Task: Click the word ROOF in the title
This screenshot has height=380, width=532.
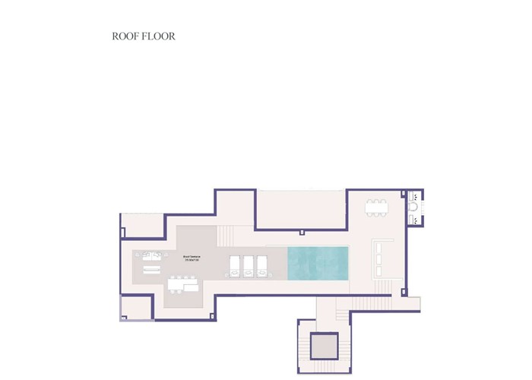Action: click(x=125, y=36)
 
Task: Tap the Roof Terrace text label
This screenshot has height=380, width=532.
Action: click(x=192, y=259)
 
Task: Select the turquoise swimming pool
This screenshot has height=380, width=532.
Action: click(x=318, y=262)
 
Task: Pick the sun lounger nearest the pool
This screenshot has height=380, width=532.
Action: click(x=262, y=264)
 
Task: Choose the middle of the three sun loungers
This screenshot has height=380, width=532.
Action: click(x=249, y=264)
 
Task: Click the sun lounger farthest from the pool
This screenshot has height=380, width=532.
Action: click(x=235, y=264)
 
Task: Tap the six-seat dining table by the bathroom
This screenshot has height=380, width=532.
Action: click(x=376, y=205)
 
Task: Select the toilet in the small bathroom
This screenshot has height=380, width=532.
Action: click(x=413, y=205)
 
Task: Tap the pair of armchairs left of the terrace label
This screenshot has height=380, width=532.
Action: click(x=149, y=255)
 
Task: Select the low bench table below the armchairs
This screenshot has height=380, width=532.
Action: click(x=150, y=267)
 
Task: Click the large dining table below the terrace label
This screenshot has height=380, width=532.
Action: click(x=182, y=283)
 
